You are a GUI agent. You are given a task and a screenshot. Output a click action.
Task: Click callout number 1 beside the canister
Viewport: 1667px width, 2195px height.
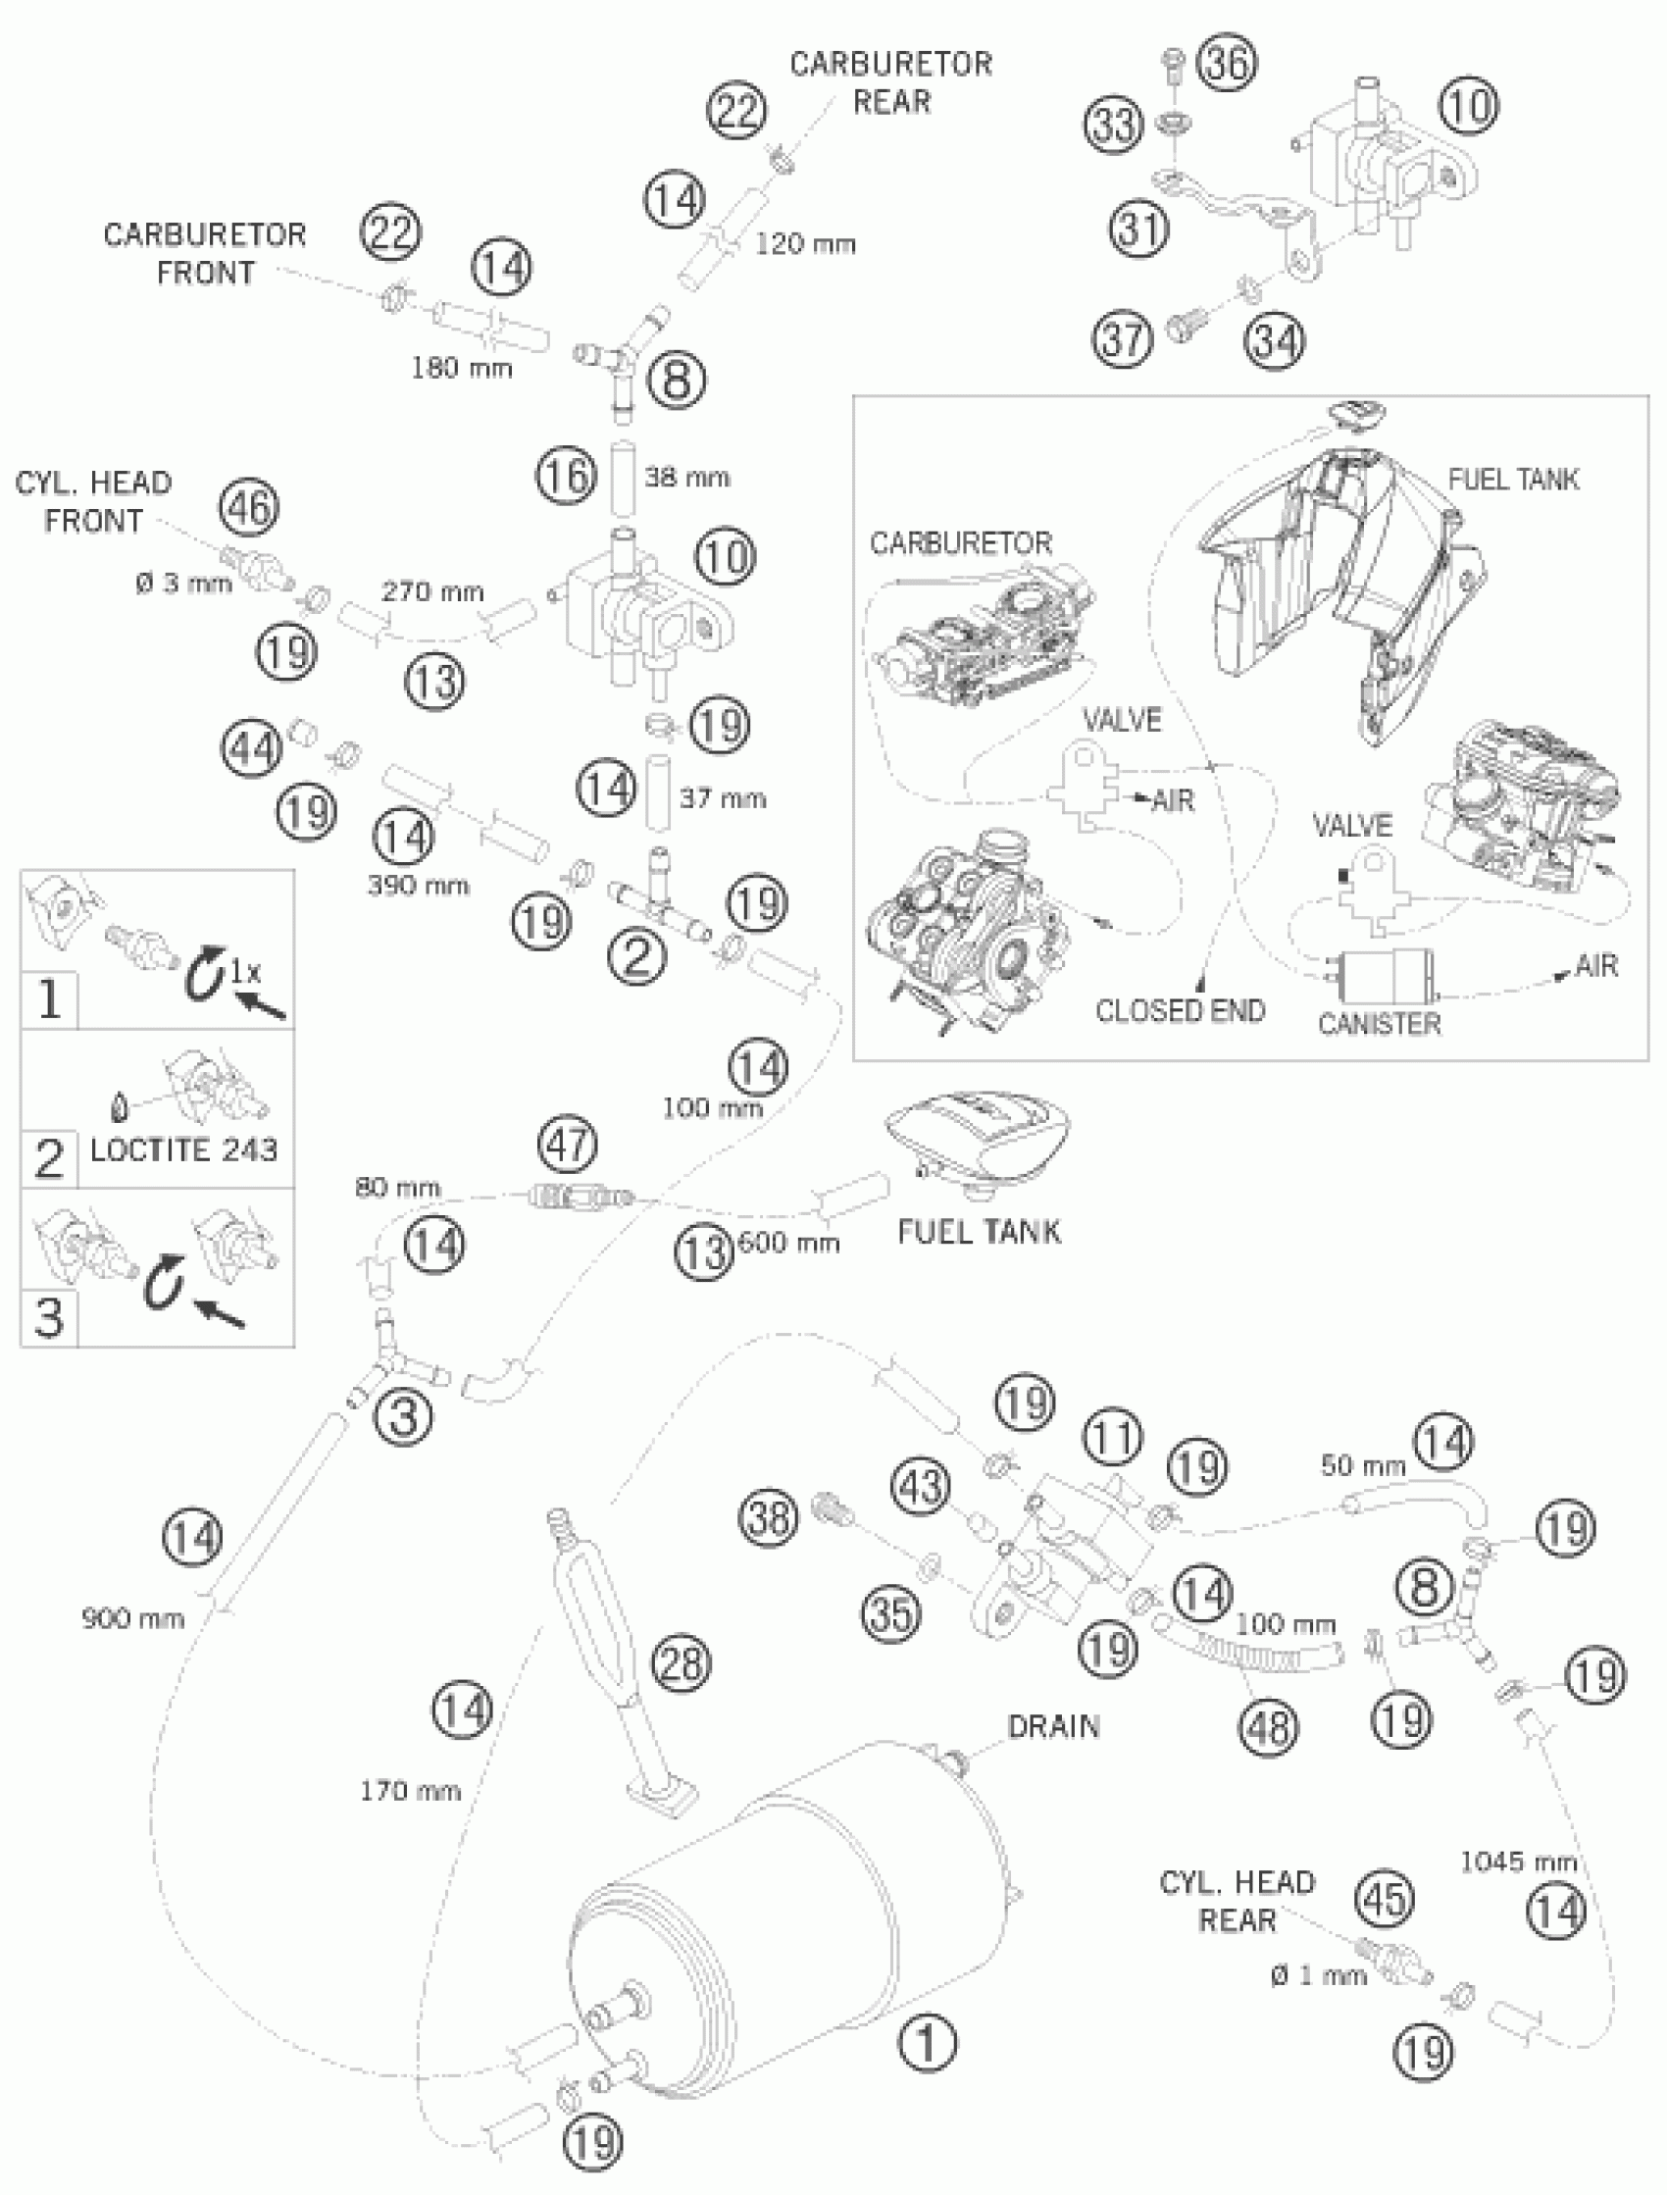[x=927, y=2043]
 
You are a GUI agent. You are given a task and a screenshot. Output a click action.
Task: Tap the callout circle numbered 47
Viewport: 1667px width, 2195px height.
[x=567, y=1144]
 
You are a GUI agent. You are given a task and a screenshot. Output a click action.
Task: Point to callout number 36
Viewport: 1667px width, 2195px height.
[x=1227, y=63]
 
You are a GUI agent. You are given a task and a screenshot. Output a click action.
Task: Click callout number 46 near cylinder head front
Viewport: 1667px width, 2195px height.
[x=248, y=507]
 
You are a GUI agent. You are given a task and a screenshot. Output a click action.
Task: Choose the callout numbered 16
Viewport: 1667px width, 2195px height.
[x=567, y=476]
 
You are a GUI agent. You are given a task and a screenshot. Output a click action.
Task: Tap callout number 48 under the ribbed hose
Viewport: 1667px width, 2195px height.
[x=1267, y=1727]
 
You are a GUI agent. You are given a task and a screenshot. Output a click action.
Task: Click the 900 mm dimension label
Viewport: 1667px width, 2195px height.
[x=133, y=1618]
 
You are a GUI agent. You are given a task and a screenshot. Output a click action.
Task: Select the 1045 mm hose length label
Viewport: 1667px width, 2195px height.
[x=1517, y=1862]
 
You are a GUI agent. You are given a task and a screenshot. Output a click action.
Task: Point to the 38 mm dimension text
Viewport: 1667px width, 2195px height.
[x=686, y=478]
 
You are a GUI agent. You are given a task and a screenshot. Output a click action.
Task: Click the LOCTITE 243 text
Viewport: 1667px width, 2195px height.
[x=183, y=1150]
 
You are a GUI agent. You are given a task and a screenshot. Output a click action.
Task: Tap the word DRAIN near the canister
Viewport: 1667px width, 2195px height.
[x=1054, y=1726]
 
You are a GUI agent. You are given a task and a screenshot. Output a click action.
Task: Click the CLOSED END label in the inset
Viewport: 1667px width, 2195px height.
[x=1180, y=1010]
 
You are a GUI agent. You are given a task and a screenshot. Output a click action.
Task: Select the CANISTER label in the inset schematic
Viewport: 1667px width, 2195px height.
[x=1379, y=1023]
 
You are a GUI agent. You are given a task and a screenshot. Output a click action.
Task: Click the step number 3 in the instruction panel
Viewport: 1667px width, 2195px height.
[x=49, y=1317]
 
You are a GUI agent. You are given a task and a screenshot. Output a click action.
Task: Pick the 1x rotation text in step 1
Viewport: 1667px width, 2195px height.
[x=245, y=969]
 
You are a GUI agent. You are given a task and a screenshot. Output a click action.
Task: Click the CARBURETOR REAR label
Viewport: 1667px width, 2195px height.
[x=890, y=82]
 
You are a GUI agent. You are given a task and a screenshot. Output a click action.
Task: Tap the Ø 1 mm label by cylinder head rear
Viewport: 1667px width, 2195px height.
[x=1318, y=1975]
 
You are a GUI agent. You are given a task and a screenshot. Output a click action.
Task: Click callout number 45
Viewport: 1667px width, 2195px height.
[x=1385, y=1898]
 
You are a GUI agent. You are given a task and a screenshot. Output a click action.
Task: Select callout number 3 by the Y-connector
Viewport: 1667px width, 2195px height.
[x=403, y=1415]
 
